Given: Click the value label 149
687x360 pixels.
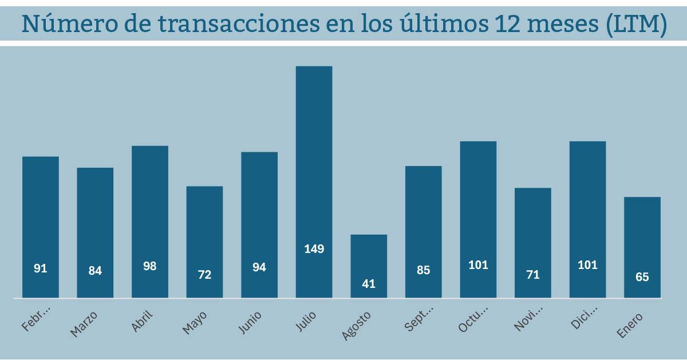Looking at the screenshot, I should (x=314, y=249).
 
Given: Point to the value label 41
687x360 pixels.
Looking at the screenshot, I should (x=369, y=283).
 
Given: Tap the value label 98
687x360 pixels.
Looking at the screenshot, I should (x=149, y=266).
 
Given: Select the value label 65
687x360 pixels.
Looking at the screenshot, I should (x=642, y=277).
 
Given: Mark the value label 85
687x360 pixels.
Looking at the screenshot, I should (x=424, y=270).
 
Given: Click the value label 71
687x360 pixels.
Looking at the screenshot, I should (x=532, y=275).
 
